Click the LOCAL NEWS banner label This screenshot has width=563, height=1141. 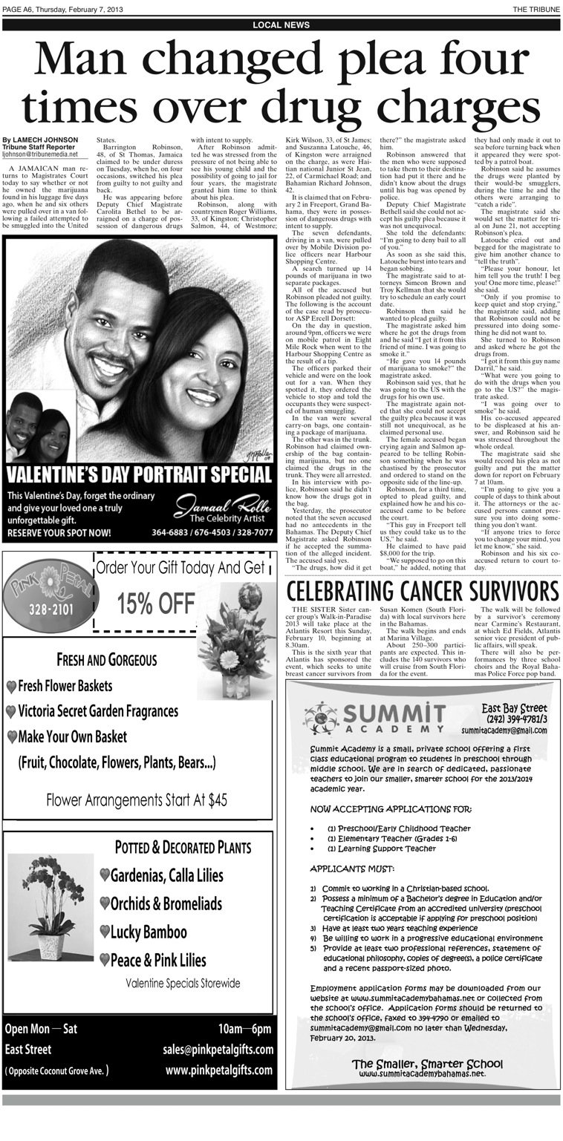pyautogui.click(x=281, y=25)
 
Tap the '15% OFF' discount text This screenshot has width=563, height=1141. pyautogui.click(x=156, y=604)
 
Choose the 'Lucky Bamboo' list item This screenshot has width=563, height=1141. pyautogui.click(x=148, y=932)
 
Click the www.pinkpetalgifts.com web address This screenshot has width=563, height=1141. pyautogui.click(x=218, y=1070)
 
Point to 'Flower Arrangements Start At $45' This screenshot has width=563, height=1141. pyautogui.click(x=137, y=800)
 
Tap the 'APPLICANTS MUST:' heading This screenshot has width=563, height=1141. pyautogui.click(x=352, y=869)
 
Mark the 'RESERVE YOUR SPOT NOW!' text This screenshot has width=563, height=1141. pyautogui.click(x=59, y=532)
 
